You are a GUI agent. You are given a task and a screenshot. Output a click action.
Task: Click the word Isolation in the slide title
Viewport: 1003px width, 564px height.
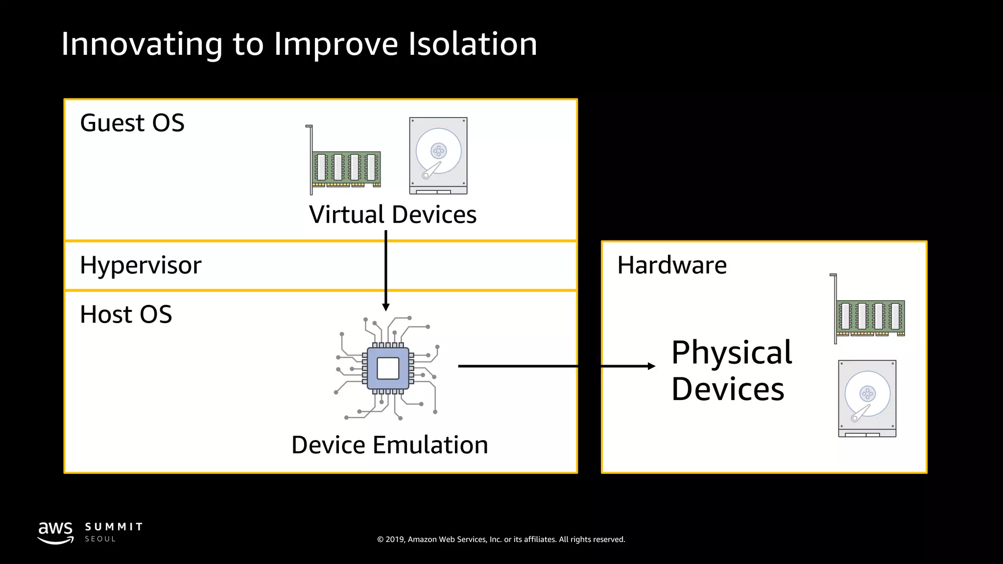click(x=473, y=44)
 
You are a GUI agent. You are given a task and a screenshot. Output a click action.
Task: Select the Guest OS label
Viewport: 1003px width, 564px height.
click(x=132, y=123)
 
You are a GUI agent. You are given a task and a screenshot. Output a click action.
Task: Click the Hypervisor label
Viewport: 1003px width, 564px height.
click(x=141, y=266)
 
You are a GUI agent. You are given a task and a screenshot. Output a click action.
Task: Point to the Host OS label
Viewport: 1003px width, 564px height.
click(x=126, y=314)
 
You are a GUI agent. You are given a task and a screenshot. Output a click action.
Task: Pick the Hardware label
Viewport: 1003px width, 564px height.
click(x=672, y=265)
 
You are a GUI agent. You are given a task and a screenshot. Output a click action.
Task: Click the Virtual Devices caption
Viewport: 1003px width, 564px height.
click(x=392, y=214)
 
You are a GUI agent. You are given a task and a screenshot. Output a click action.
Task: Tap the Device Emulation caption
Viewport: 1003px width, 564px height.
click(x=389, y=445)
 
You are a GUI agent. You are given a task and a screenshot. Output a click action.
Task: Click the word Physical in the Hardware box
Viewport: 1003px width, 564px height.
click(x=732, y=352)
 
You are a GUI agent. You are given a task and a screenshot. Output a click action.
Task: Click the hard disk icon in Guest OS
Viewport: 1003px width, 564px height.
click(x=438, y=156)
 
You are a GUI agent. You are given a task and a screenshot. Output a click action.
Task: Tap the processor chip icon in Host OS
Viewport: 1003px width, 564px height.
click(x=388, y=368)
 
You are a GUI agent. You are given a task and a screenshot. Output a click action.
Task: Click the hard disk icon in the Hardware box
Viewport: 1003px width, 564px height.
click(x=867, y=399)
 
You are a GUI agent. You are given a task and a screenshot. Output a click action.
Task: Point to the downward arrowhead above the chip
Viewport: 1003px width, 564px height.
click(x=386, y=307)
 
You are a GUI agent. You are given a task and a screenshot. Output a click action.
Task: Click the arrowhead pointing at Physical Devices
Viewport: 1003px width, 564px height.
click(x=651, y=366)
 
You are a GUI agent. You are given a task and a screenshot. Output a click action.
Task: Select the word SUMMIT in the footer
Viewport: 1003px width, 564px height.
click(x=114, y=527)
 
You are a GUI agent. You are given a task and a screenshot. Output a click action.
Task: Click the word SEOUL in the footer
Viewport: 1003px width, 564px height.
click(x=100, y=539)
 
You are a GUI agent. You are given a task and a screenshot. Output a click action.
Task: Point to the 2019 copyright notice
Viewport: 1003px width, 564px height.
click(x=501, y=540)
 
